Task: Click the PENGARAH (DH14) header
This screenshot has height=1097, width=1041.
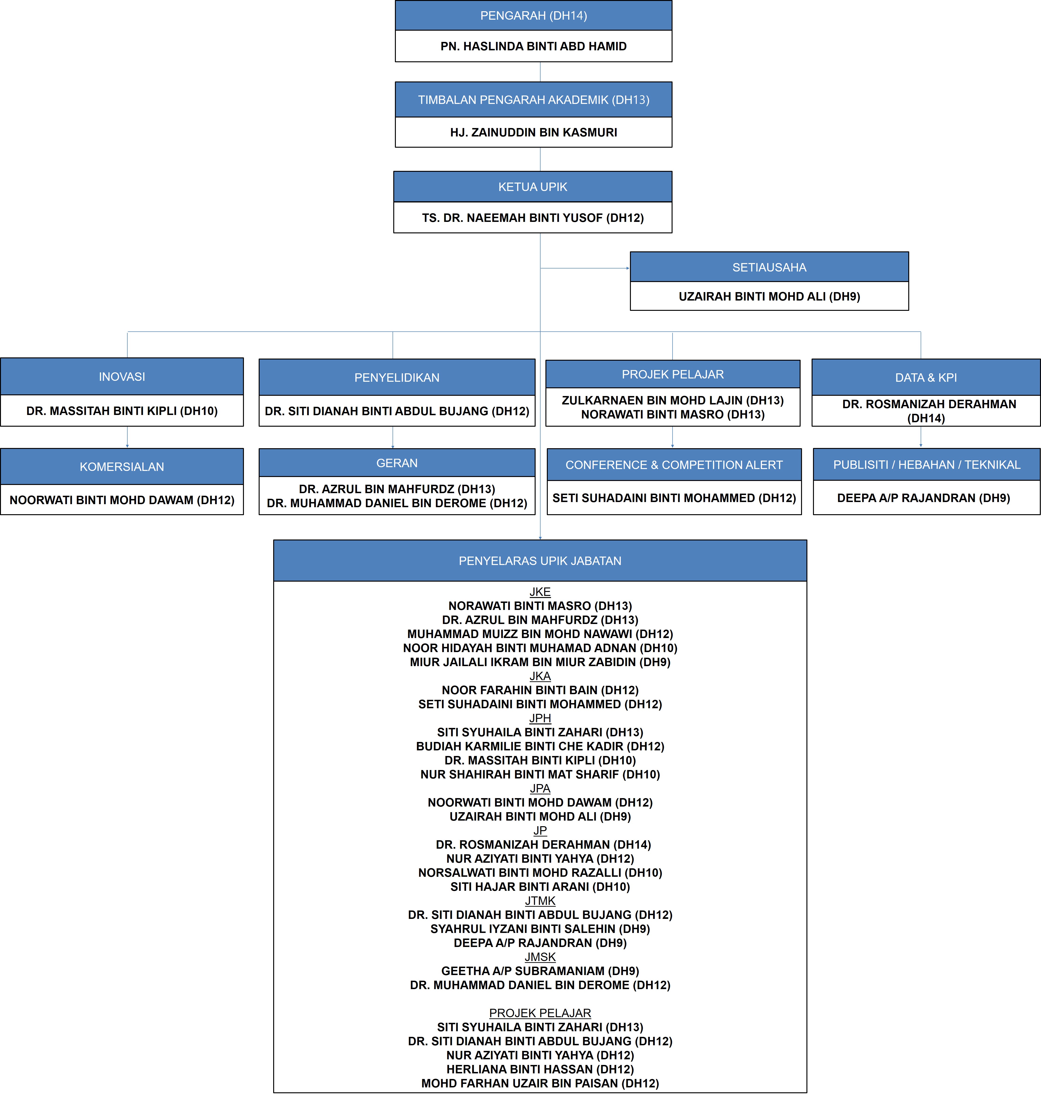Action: pyautogui.click(x=533, y=15)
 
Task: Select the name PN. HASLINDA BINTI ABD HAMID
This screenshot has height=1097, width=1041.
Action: pyautogui.click(x=533, y=46)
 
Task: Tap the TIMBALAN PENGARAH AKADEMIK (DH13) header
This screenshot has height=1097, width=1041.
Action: pyautogui.click(x=533, y=100)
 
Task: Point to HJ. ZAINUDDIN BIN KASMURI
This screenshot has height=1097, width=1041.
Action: pyautogui.click(x=533, y=132)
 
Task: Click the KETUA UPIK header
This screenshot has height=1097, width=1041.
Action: pyautogui.click(x=533, y=187)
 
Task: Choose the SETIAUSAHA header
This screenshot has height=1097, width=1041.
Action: pyautogui.click(x=769, y=268)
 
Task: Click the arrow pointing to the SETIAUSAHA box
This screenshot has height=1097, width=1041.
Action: pyautogui.click(x=585, y=268)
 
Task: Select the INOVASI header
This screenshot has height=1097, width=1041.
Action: pyautogui.click(x=122, y=377)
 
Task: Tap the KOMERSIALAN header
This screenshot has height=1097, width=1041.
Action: pyautogui.click(x=122, y=467)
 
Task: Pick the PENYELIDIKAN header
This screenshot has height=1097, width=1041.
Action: pyautogui.click(x=397, y=377)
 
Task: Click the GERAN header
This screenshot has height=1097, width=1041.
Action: pyautogui.click(x=397, y=463)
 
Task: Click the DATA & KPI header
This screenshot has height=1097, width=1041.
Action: pyautogui.click(x=926, y=377)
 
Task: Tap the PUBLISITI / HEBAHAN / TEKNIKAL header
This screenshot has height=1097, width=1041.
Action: pyautogui.click(x=927, y=464)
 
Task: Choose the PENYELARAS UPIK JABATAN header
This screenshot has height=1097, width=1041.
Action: pyautogui.click(x=540, y=561)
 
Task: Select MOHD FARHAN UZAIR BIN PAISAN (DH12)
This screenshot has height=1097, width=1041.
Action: pyautogui.click(x=540, y=1083)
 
